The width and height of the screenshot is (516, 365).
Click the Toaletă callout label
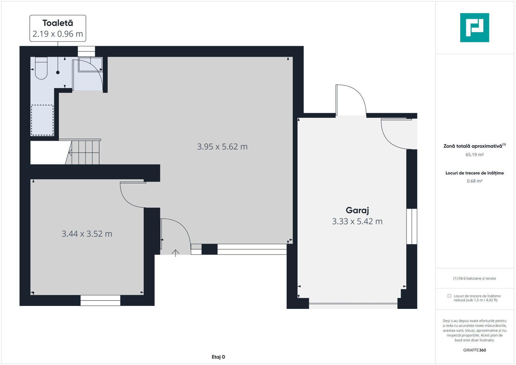58,28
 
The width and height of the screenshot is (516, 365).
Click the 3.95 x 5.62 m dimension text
222,147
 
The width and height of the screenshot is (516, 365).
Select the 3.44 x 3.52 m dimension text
87,234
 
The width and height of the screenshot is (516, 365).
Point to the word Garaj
357,210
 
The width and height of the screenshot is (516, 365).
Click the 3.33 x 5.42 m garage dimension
357,221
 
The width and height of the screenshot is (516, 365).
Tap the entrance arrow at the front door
175,253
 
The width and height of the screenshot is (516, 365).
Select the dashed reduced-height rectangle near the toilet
42,120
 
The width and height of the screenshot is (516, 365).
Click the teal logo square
474,28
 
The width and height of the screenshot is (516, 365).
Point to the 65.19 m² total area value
474,155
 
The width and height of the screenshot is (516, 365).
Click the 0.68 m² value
474,181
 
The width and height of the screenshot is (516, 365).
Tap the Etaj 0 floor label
218,357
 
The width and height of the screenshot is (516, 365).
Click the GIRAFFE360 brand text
474,350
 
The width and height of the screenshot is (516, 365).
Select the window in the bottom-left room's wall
100,300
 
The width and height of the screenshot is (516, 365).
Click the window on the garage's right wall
412,226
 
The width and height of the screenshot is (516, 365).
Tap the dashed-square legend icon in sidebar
449,296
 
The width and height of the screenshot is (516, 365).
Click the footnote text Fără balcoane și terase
474,278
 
